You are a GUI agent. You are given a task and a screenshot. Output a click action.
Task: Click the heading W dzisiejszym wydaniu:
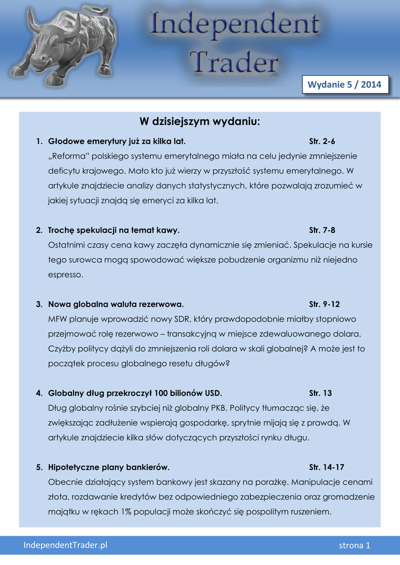pyautogui.click(x=199, y=121)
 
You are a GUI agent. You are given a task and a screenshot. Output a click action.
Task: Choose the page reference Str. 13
pyautogui.click(x=321, y=393)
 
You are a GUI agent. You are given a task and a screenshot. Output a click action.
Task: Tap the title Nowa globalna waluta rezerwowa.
pyautogui.click(x=116, y=304)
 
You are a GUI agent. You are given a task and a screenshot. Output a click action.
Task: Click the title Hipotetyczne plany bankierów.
pyautogui.click(x=109, y=467)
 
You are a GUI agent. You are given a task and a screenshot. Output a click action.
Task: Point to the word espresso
pyautogui.click(x=66, y=274)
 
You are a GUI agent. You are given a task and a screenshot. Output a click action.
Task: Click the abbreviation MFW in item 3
pyautogui.click(x=57, y=319)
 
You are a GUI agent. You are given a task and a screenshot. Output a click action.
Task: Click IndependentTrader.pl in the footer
pyautogui.click(x=65, y=545)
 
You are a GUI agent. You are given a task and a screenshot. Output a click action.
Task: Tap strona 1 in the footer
pyautogui.click(x=354, y=546)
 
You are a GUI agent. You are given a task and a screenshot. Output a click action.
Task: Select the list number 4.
pyautogui.click(x=39, y=393)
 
